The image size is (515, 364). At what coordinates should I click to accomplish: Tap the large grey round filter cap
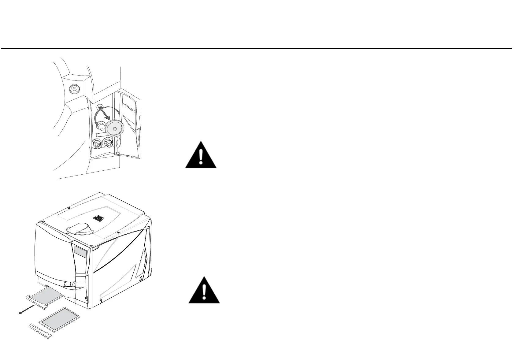(114, 128)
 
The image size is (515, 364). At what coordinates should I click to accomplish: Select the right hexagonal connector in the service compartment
(107, 143)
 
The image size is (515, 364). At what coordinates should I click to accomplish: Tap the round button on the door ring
(73, 89)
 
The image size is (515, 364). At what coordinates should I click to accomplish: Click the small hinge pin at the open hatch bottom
(117, 152)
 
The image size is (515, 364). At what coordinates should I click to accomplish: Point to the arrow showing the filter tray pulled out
(26, 309)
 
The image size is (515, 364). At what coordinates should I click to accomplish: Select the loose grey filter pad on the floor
(60, 319)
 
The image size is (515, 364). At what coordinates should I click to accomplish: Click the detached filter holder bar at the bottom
(40, 331)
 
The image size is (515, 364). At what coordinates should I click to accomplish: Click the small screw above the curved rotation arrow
(99, 107)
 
